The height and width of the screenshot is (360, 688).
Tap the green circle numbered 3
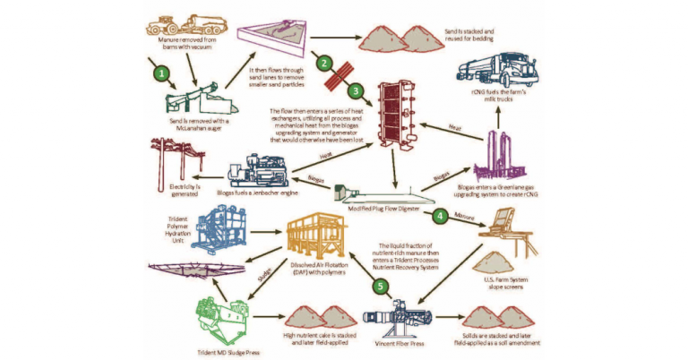click(357, 90)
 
